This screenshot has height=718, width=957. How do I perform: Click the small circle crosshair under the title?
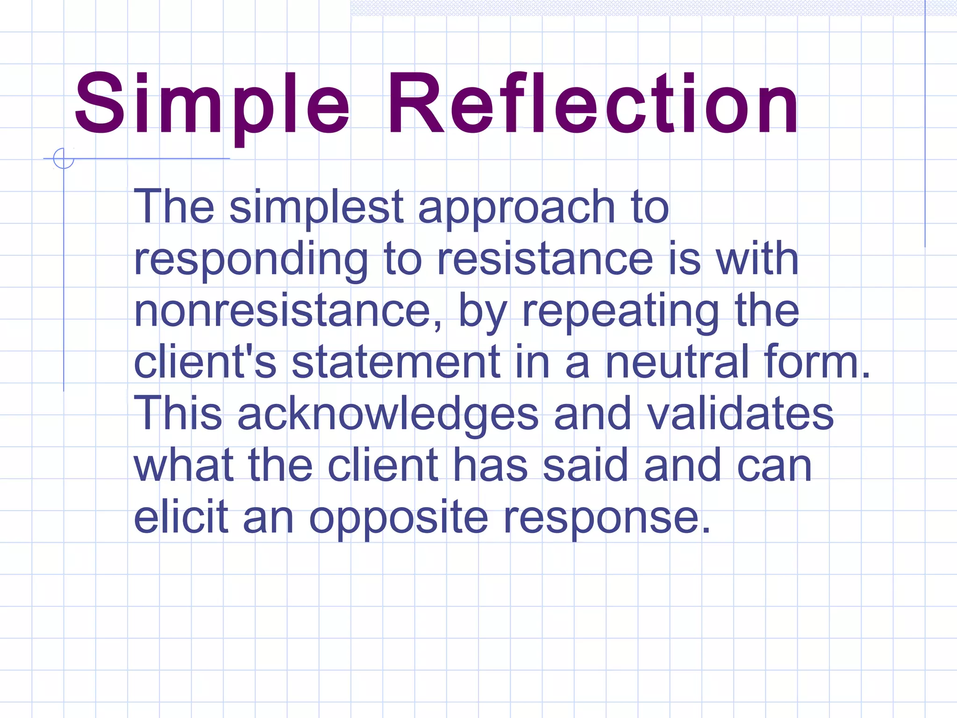click(x=64, y=158)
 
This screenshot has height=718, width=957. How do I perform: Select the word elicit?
click(x=181, y=517)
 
